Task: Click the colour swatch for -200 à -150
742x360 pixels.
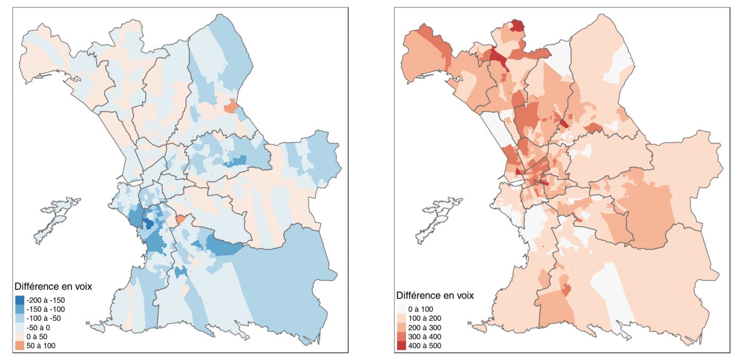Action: pyautogui.click(x=19, y=300)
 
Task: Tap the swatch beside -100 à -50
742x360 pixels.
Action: pyautogui.click(x=19, y=318)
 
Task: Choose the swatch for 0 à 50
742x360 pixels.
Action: pyautogui.click(x=19, y=336)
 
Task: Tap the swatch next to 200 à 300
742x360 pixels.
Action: pyautogui.click(x=401, y=327)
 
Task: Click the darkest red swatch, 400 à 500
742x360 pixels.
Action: pyautogui.click(x=401, y=345)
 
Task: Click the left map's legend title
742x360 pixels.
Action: pyautogui.click(x=53, y=288)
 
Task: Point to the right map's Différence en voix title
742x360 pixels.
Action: pyautogui.click(x=435, y=295)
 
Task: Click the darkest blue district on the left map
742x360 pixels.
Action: pyautogui.click(x=149, y=224)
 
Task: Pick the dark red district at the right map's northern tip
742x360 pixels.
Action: pyautogui.click(x=518, y=25)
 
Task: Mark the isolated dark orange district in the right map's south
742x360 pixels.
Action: pyautogui.click(x=566, y=289)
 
